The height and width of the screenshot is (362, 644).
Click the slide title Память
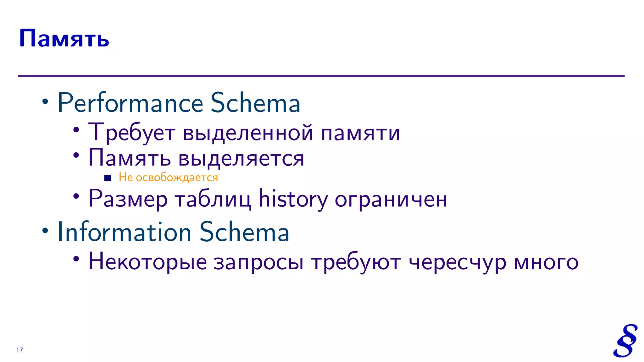point(64,39)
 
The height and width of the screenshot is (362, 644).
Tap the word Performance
point(130,103)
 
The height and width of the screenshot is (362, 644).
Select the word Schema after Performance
point(255,103)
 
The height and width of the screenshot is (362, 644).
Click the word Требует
point(131,132)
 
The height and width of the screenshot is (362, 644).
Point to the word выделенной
point(248,132)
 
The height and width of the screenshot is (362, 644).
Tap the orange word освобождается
point(177,178)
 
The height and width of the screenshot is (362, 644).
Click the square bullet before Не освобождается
point(108,178)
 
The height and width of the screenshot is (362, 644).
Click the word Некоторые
point(148,262)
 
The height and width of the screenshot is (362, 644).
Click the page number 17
point(19,350)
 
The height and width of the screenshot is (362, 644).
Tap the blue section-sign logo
point(625,341)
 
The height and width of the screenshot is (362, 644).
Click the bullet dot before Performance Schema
point(46,102)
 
